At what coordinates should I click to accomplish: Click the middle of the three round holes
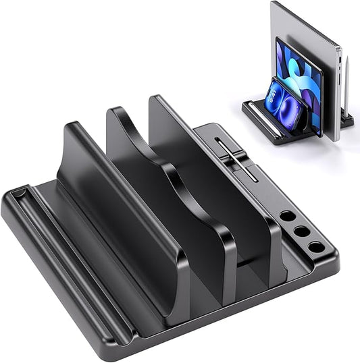(302, 232)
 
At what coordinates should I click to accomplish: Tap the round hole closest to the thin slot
(288, 217)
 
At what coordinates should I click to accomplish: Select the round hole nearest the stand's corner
(316, 248)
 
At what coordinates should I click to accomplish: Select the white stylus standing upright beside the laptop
(347, 88)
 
